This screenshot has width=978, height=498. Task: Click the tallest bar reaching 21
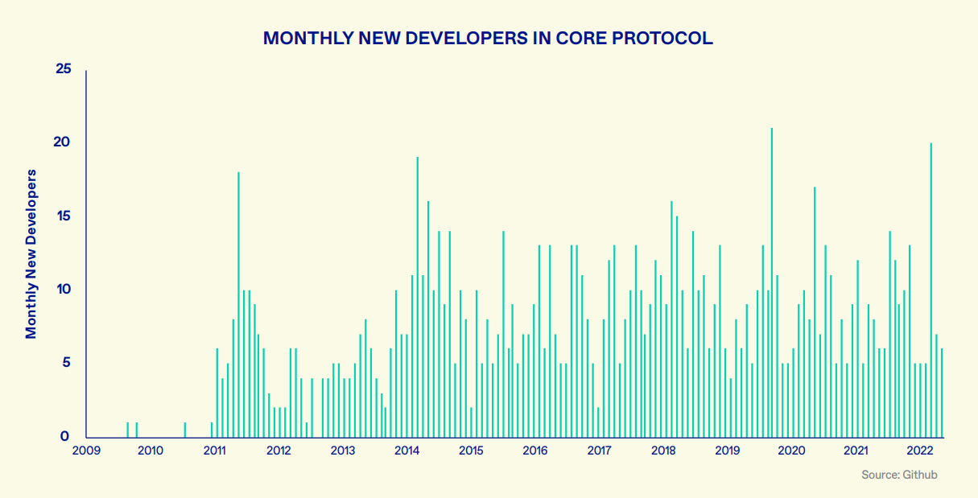771,283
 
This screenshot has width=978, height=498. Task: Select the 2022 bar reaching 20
931,290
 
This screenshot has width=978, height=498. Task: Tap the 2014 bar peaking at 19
418,297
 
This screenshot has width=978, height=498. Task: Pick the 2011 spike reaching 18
238,305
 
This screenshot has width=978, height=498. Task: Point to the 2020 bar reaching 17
815,312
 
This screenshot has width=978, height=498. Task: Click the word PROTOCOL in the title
662,39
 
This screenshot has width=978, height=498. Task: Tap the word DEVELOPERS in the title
467,39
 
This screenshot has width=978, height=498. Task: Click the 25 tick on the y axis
64,68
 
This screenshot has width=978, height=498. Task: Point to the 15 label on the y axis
64,216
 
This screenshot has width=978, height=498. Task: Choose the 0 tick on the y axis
64,436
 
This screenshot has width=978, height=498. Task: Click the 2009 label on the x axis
86,451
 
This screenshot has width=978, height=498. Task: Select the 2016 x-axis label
535,451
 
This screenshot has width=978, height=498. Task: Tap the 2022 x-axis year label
920,451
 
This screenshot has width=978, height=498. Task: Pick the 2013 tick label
343,451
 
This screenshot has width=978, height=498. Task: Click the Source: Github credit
899,475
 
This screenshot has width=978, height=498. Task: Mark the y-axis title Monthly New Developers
31,254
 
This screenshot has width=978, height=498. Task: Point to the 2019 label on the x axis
728,451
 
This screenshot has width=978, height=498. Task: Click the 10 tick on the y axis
64,289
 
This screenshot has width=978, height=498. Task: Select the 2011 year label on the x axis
214,451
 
